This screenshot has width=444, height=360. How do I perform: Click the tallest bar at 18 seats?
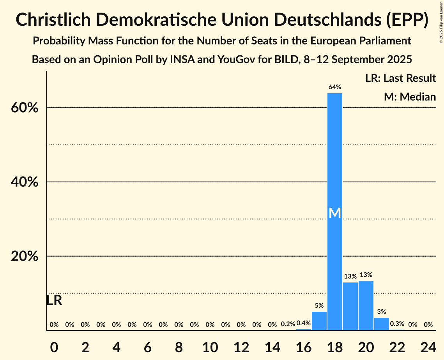click(x=335, y=156)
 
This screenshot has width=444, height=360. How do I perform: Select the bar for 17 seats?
click(x=319, y=321)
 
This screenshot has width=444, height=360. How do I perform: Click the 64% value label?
click(x=335, y=87)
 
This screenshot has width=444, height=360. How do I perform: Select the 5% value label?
click(x=319, y=306)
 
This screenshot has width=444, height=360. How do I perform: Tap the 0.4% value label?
click(x=304, y=323)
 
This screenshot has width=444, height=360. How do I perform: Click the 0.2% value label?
click(x=288, y=324)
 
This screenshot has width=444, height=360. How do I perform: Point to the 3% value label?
click(x=382, y=312)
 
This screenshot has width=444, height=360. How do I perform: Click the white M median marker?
click(x=335, y=213)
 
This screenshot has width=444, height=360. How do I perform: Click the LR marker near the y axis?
click(x=54, y=300)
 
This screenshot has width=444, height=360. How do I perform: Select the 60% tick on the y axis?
click(x=24, y=108)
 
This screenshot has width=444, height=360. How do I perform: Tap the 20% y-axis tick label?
click(x=24, y=256)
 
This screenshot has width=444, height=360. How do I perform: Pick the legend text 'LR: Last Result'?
click(x=400, y=78)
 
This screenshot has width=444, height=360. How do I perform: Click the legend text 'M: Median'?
click(x=410, y=97)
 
